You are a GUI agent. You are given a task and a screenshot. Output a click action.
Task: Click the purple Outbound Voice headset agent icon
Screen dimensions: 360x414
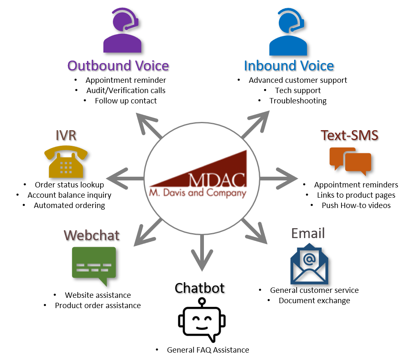122,32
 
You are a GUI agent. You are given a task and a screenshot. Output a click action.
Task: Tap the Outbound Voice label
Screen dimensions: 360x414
118,66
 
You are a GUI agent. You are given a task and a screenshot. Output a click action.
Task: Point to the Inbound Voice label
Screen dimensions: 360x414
288,66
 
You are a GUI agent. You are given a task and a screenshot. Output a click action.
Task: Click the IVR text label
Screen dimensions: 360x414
66,136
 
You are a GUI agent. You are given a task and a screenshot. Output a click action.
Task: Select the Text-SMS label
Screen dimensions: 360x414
349,135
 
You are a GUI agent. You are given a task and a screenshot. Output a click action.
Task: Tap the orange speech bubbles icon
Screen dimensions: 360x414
350,161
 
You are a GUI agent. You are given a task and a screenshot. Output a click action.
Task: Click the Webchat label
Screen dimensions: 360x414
91,235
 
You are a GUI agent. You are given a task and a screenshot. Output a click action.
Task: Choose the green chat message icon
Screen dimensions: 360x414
94,265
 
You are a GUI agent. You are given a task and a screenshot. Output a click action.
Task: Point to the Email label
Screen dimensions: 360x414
308,234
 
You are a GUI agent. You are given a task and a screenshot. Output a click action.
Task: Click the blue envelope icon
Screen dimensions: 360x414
309,264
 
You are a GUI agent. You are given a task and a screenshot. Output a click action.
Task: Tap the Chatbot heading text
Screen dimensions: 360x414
199,288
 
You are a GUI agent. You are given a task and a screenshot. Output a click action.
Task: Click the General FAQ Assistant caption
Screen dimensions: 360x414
202,351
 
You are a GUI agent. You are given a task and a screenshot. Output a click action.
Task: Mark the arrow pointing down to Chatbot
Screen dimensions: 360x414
202,253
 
